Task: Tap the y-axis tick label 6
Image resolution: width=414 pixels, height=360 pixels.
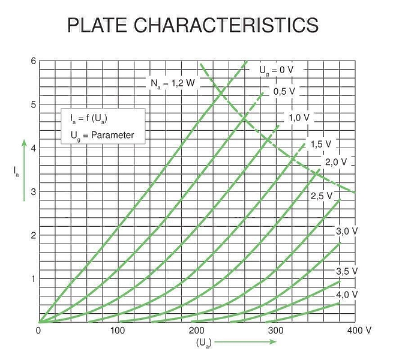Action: coord(33,61)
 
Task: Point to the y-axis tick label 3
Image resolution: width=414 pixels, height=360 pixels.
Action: coord(33,192)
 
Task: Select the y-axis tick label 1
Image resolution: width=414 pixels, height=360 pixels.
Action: coord(33,279)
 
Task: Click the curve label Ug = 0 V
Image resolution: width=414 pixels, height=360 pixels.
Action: coord(276,70)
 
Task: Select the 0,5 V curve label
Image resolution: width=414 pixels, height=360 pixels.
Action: coord(284,91)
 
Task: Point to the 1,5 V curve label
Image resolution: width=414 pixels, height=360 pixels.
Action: coord(321,144)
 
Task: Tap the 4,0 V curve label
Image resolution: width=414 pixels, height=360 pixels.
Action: coord(346,295)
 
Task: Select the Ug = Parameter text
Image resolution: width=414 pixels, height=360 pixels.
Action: coord(98,136)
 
